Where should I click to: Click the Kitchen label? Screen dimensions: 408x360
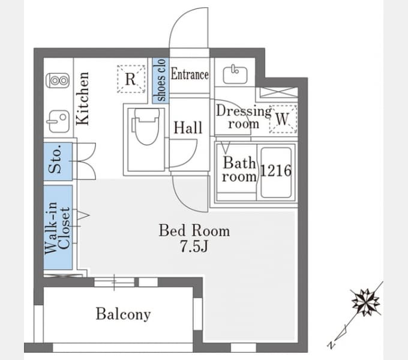(x=83, y=98)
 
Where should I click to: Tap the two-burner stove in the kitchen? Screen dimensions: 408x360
(x=58, y=80)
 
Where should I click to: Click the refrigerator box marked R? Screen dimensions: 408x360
(x=131, y=79)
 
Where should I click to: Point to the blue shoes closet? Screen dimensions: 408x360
(x=161, y=80)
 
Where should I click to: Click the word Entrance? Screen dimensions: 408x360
(x=190, y=74)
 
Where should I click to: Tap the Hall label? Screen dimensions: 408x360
(x=188, y=128)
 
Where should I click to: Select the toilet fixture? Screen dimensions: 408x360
(x=147, y=127)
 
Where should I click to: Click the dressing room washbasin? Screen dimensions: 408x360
(x=235, y=74)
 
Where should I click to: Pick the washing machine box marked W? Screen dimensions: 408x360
(x=283, y=119)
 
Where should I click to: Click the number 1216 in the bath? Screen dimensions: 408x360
(x=276, y=171)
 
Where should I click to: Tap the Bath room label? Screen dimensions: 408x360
(x=239, y=170)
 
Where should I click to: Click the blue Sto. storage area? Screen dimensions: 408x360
(x=58, y=161)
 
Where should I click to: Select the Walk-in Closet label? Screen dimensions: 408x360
(x=58, y=227)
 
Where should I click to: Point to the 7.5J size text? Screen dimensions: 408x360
(x=194, y=246)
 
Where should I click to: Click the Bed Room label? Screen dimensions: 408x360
(x=194, y=230)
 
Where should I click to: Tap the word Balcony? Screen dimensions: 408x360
(x=124, y=314)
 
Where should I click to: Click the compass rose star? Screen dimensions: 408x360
(x=366, y=302)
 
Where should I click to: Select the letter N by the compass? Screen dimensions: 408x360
(x=331, y=345)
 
